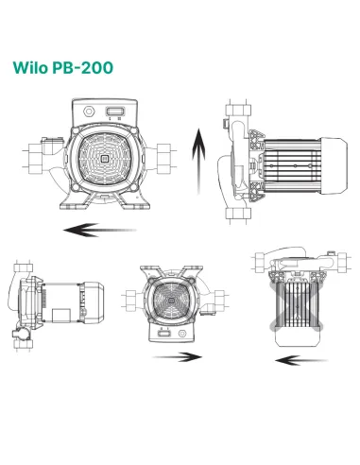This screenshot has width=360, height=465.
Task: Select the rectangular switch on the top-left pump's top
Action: pos(116,113)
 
